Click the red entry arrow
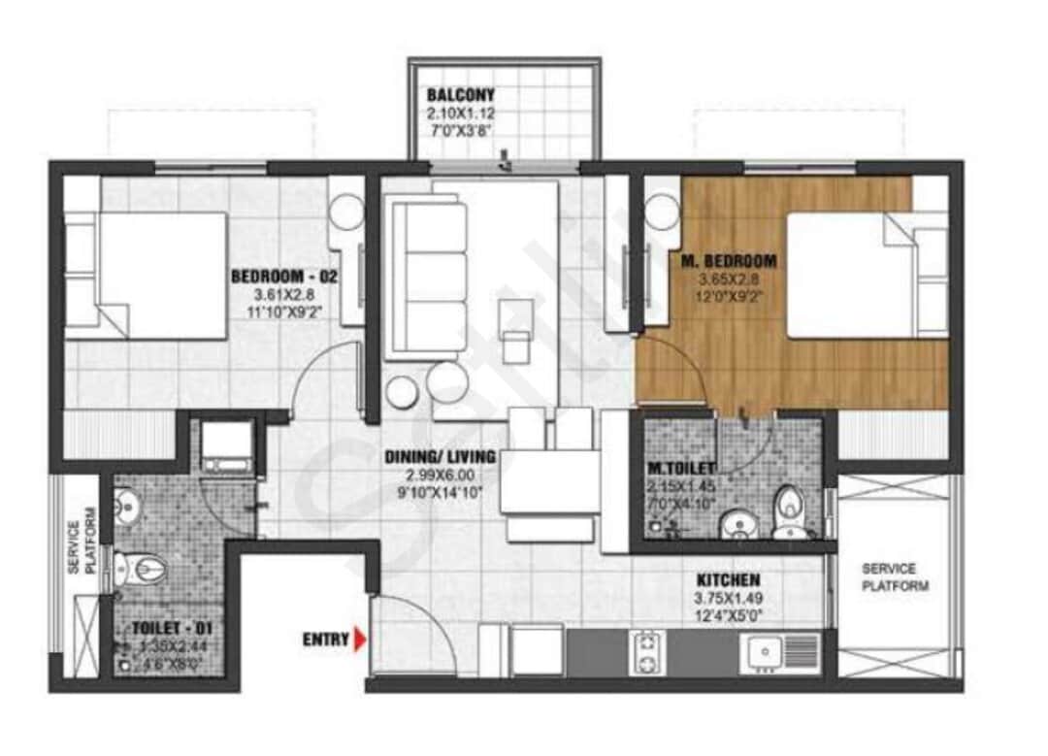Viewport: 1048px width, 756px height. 361,640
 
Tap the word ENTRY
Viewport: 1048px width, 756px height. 325,640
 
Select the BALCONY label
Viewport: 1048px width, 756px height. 461,95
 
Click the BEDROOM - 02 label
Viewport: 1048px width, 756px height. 283,278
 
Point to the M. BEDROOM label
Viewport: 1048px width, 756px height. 727,261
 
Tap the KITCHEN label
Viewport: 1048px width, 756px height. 727,579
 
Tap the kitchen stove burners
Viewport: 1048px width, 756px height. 644,652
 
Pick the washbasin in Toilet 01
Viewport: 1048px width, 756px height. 124,503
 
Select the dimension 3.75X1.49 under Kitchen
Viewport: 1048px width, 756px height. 727,598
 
